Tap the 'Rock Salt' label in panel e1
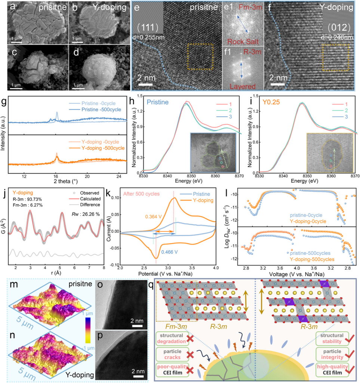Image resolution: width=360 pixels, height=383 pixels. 242,41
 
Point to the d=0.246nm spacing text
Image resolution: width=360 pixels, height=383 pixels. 335,37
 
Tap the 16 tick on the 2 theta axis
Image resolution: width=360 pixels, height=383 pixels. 56,176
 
